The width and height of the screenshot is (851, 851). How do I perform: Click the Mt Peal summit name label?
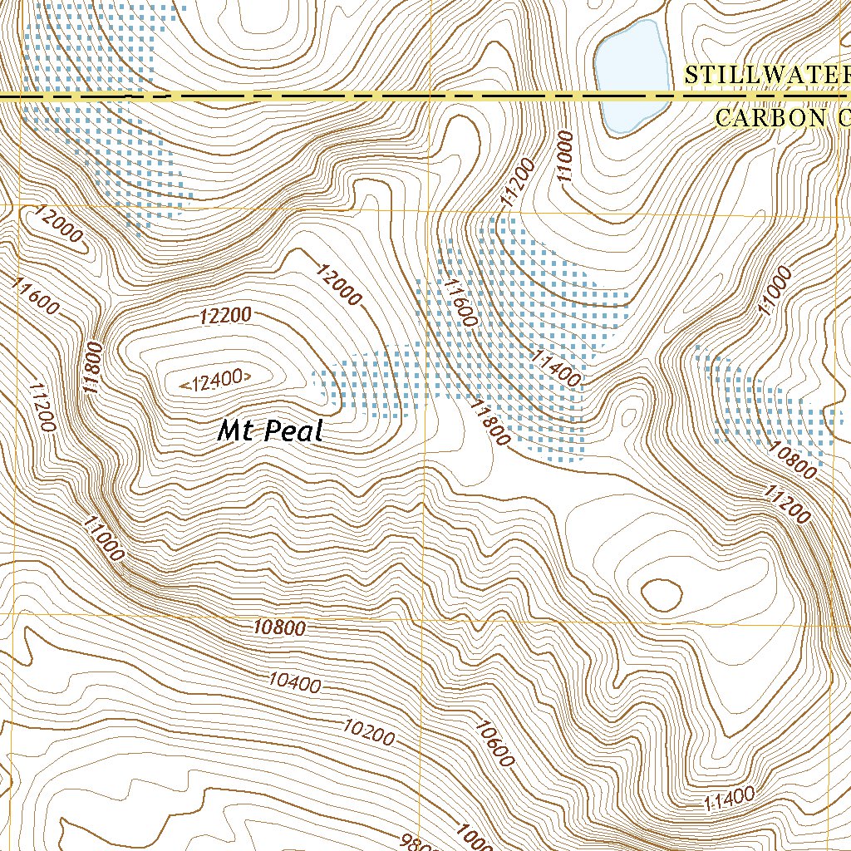point(269,431)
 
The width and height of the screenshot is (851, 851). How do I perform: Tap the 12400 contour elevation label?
point(216,381)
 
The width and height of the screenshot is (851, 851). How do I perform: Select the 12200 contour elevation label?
point(225,316)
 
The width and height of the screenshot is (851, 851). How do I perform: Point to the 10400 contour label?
point(294,683)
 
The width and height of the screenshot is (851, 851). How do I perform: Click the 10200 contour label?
point(369,730)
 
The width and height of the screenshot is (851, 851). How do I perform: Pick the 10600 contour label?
point(496,743)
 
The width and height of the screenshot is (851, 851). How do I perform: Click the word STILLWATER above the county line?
point(765,75)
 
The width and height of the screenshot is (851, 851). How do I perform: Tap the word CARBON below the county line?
point(769,118)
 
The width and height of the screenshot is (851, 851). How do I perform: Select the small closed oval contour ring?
point(662,593)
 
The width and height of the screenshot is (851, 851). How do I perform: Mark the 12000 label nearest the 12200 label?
point(339,284)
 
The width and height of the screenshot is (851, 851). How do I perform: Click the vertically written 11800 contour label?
point(94,365)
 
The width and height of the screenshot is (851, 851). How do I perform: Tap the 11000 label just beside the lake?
point(566,156)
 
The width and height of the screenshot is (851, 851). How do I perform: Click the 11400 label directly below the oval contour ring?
point(729,799)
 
